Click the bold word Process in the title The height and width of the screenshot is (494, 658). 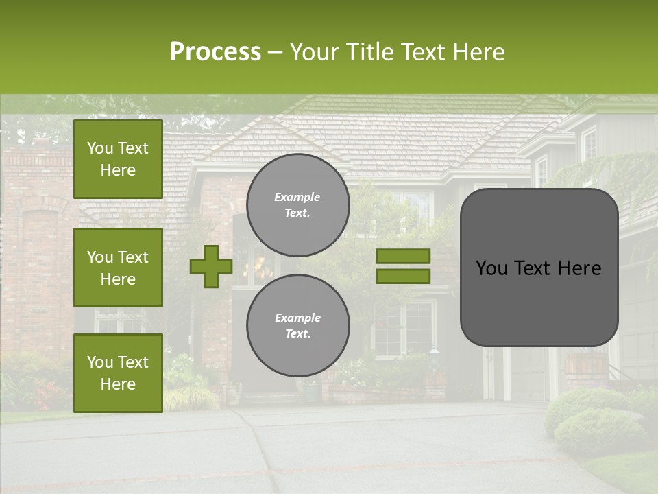pos(215,52)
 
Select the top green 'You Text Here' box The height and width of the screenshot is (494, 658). pos(118,159)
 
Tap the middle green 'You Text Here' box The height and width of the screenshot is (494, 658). pos(118,268)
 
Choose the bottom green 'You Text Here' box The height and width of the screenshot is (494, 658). pos(118,373)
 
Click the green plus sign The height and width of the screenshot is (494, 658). pos(211,267)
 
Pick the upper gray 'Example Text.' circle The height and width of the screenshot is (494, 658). pos(298,205)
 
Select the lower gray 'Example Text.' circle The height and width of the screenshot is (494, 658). pos(298,326)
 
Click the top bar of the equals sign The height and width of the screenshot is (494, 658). pos(403,256)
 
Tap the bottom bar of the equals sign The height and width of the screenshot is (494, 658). pos(403,276)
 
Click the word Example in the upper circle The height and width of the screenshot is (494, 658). pos(297,197)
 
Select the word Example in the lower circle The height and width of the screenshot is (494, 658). pos(297,318)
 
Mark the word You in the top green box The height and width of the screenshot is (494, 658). pos(100,148)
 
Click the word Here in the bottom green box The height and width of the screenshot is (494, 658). pos(118,384)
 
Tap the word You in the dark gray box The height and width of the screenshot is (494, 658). pos(491,268)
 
